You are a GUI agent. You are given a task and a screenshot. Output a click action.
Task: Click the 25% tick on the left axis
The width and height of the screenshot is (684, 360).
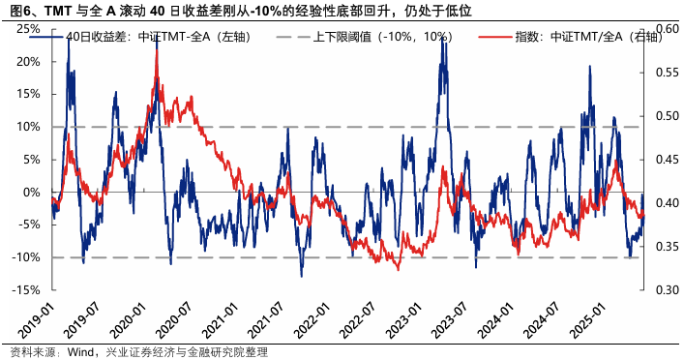click(26, 28)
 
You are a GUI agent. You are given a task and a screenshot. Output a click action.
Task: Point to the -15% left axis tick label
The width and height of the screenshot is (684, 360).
click(24, 290)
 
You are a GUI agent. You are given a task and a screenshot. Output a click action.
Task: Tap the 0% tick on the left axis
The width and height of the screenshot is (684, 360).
click(29, 192)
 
